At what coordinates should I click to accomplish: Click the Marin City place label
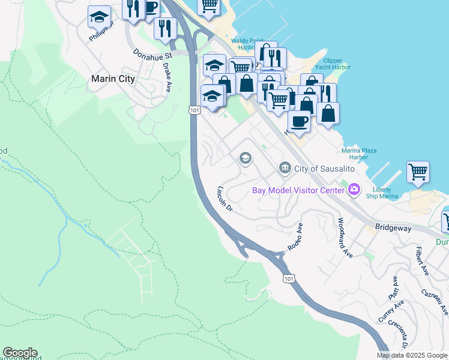point(112,79)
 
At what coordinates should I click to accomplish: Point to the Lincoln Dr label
point(223,197)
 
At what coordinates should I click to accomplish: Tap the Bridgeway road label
point(393,228)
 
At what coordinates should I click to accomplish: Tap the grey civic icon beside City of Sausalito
point(285,167)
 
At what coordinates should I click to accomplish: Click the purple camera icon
point(354,190)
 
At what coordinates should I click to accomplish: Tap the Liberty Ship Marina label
point(385,193)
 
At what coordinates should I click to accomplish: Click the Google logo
point(20,353)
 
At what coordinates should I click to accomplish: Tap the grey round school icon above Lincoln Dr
point(245,158)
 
